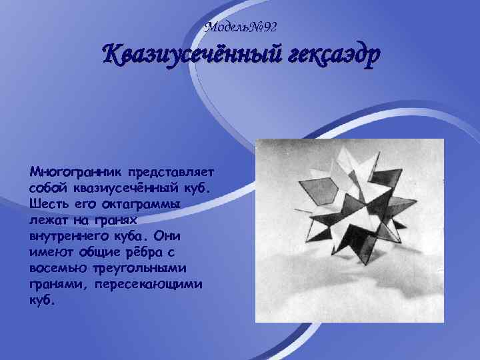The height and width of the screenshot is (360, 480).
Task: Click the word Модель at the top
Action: tap(225, 27)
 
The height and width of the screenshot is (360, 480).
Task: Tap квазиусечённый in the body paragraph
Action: tap(125, 188)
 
